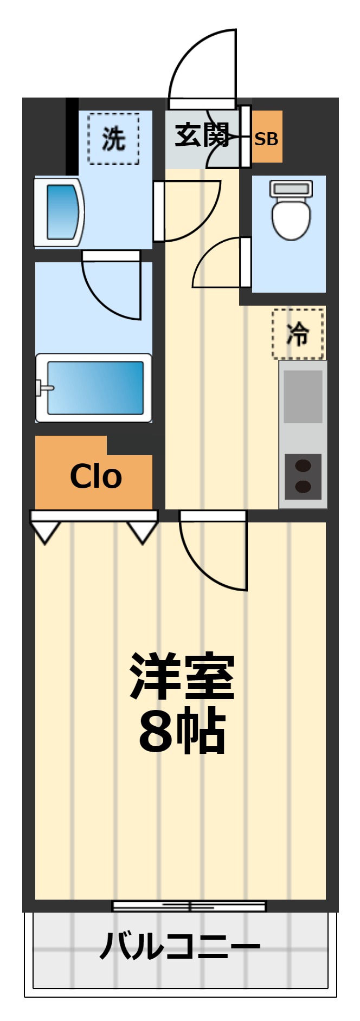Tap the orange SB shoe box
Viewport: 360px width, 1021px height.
pos(267,137)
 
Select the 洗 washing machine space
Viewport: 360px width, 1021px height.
pos(114,139)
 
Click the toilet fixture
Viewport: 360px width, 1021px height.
pos(291,211)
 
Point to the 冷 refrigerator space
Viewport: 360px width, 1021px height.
pos(298,334)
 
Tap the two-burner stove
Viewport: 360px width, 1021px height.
pos(303,476)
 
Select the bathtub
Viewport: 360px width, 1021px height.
pos(94,388)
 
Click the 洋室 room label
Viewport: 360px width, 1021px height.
pos(182,677)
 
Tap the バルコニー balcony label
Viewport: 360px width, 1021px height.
pos(180,946)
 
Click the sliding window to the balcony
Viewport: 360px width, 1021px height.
pos(189,906)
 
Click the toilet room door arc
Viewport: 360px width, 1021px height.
pos(217,263)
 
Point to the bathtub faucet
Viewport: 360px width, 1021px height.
pos(43,388)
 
